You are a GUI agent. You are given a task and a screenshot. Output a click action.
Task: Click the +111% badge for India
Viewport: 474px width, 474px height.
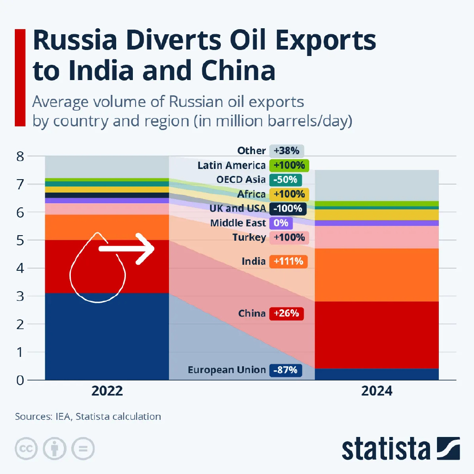click(x=288, y=261)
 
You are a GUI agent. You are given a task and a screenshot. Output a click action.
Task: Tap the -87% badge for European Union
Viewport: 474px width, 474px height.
click(x=285, y=370)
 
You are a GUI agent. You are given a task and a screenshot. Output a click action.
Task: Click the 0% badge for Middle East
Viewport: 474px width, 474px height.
click(x=281, y=223)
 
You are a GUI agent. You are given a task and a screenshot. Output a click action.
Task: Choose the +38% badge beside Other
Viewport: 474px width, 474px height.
click(x=287, y=150)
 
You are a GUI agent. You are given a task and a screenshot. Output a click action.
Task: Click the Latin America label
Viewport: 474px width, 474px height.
click(x=231, y=165)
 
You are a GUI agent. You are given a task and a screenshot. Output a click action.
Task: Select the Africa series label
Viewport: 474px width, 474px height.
click(x=251, y=194)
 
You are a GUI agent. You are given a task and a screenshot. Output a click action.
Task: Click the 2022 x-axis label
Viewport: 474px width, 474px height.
click(x=107, y=391)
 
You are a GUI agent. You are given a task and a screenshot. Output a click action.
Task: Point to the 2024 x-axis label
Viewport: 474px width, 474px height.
click(x=377, y=391)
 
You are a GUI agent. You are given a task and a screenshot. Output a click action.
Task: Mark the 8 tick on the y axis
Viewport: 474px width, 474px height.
click(x=20, y=156)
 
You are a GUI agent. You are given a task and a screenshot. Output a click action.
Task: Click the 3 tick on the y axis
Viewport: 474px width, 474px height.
click(x=20, y=296)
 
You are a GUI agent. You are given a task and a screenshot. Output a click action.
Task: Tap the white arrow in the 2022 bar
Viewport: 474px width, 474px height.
click(x=127, y=249)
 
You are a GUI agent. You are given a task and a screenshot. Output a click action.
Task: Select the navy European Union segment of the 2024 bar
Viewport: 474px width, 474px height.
click(x=377, y=374)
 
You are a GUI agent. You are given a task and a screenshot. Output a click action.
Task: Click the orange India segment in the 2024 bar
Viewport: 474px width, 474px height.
click(x=377, y=274)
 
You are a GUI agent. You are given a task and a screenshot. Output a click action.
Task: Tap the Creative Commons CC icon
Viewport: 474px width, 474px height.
click(x=27, y=448)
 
